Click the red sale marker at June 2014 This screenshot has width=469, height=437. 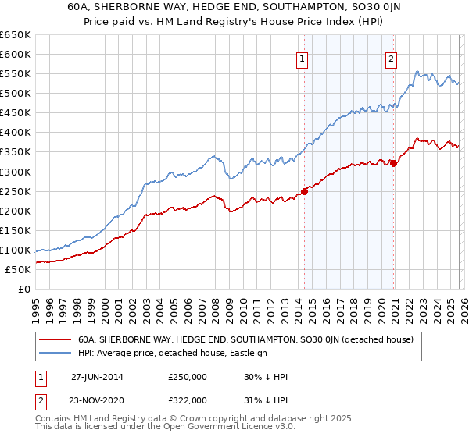tap(304, 191)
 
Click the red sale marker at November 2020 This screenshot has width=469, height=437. tap(393, 163)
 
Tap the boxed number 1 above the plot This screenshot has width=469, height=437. tap(302, 57)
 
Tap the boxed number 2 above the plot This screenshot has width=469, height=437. tap(391, 57)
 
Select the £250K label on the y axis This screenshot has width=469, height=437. tap(16, 191)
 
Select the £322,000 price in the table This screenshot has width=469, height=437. tap(187, 400)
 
